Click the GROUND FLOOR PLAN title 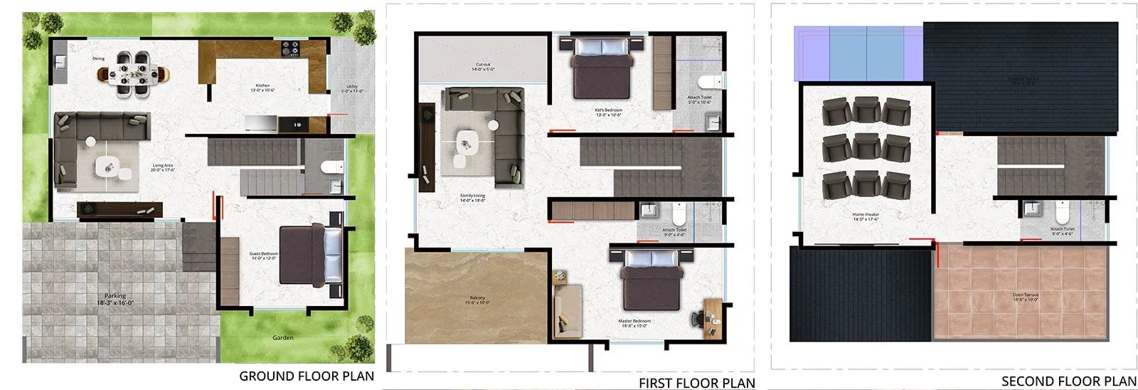(x=306, y=376)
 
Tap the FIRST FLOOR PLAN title (x=696, y=383)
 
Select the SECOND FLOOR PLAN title (x=1069, y=381)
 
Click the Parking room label (x=115, y=299)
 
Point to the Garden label (x=283, y=337)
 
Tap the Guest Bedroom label (x=264, y=255)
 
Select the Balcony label (x=477, y=300)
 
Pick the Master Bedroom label (x=634, y=323)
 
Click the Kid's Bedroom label (x=608, y=112)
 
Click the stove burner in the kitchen (x=291, y=48)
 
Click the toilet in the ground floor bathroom (x=331, y=168)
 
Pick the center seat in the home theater (x=866, y=147)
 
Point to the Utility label (x=351, y=90)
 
